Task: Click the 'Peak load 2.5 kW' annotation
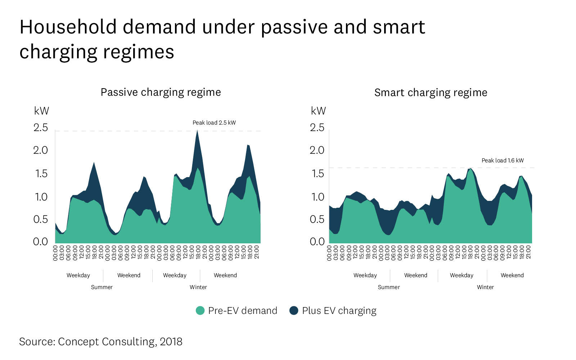pos(214,123)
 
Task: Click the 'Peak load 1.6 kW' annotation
pos(503,161)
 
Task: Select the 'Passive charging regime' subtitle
pos(161,93)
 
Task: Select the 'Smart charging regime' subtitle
pos(431,93)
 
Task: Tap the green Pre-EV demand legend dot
pos(200,311)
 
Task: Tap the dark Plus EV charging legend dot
pos(294,311)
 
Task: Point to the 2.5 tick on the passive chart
pos(41,128)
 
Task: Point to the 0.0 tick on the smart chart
pos(317,242)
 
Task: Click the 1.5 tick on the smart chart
pos(317,174)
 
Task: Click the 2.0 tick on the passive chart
pos(41,150)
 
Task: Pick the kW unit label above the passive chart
pos(41,111)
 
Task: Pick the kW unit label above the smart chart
pos(318,111)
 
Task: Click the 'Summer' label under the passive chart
pos(102,287)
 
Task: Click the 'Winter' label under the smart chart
pos(485,287)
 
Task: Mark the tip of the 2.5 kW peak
pos(197,131)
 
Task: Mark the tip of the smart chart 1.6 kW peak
pos(470,168)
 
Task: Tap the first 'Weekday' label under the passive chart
pos(78,275)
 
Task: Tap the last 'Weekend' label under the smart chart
pos(512,275)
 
